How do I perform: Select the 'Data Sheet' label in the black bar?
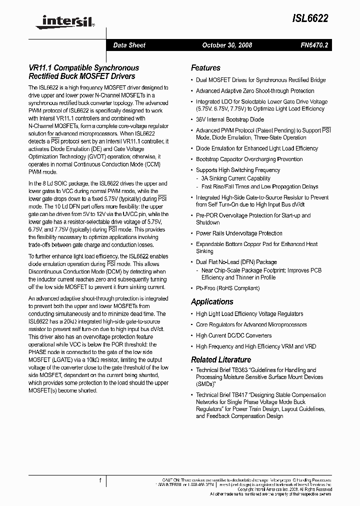point(129,45)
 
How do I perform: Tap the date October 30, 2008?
point(227,45)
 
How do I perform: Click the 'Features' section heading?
point(205,68)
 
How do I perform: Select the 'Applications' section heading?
point(212,302)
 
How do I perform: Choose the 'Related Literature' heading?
point(221,360)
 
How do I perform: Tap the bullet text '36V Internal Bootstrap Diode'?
point(230,120)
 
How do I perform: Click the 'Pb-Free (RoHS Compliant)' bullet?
point(227,288)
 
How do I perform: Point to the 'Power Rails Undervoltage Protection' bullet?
point(239,233)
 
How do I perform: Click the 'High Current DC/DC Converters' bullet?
point(233,335)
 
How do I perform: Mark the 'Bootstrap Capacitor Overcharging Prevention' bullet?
point(249,159)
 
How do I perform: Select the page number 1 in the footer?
point(100,480)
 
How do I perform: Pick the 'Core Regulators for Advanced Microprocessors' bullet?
point(251,324)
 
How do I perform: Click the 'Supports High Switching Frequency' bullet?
point(238,170)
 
